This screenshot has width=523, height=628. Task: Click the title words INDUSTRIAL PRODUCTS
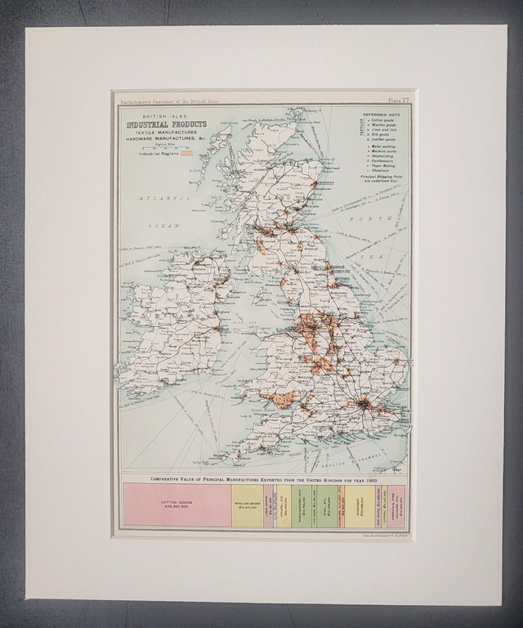[166, 124]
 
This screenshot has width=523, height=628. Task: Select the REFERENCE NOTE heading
[383, 115]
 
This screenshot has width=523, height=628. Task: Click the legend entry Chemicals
[380, 172]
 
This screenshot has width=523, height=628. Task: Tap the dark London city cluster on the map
[360, 403]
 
